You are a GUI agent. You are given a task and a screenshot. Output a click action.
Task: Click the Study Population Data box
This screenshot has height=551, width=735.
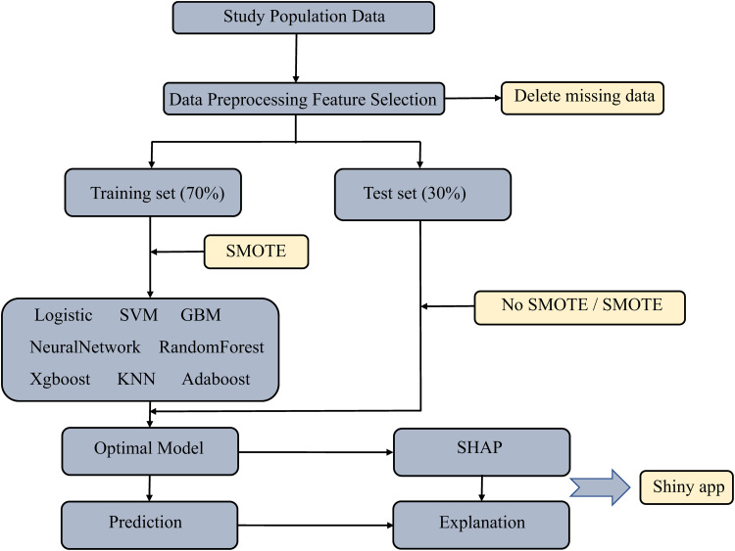click(x=290, y=18)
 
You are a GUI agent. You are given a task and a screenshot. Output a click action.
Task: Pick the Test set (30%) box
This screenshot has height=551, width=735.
click(x=422, y=193)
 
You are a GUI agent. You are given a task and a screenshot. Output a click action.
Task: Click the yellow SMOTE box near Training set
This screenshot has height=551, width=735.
click(x=255, y=252)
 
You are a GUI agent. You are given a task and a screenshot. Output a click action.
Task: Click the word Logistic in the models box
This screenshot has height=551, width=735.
click(x=64, y=315)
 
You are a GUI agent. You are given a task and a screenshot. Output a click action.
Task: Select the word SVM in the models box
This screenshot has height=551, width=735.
click(x=137, y=315)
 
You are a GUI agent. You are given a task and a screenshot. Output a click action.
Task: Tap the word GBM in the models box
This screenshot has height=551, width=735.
click(x=200, y=315)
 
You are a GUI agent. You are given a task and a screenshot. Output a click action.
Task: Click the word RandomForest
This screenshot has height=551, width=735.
click(x=212, y=346)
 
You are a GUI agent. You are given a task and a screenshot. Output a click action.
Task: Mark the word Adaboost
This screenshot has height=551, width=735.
click(x=216, y=378)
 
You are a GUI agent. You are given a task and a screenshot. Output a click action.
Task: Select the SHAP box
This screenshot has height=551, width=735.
click(x=480, y=451)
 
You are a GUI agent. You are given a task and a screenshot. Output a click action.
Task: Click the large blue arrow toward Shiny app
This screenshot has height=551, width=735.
click(x=600, y=486)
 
